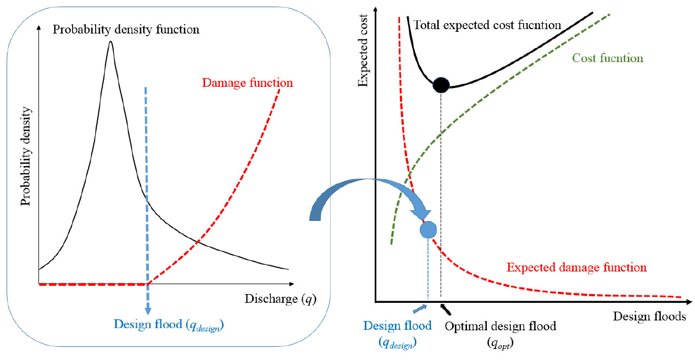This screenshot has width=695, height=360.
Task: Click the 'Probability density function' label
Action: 126,29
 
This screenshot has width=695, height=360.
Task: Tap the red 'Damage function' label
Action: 247,84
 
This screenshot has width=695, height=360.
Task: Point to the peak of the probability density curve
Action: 111,43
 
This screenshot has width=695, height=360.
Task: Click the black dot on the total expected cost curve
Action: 441,85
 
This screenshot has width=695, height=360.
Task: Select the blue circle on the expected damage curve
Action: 428,229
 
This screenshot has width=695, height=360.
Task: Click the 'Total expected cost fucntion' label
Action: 487,25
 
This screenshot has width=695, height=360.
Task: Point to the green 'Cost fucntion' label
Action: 607,58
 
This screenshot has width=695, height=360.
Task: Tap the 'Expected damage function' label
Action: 576,268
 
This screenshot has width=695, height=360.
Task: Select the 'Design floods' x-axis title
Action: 649,317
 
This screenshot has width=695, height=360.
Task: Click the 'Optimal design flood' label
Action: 500,326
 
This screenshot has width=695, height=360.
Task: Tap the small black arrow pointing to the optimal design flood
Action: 444,307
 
